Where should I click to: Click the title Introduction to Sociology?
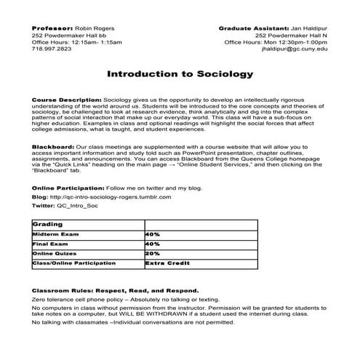coord(180,74)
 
